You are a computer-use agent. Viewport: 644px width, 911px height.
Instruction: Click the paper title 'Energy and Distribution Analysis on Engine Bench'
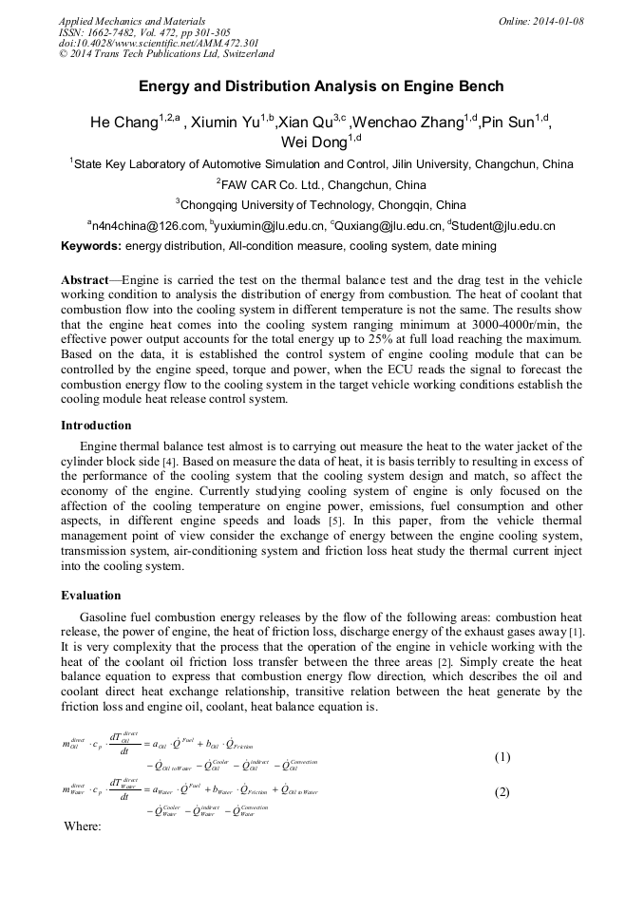tap(321, 86)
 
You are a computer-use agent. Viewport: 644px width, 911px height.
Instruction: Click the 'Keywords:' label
tap(91, 246)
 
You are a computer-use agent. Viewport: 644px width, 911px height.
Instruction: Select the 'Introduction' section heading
tap(96, 425)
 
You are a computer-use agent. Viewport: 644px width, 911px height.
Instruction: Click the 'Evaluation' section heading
tap(91, 596)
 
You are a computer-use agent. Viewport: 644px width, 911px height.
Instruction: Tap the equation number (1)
tap(502, 757)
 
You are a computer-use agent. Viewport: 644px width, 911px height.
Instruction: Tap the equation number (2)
tap(502, 792)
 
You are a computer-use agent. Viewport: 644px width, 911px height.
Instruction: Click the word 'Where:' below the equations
tap(82, 826)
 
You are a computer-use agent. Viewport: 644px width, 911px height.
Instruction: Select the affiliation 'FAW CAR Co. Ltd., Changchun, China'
tap(323, 184)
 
